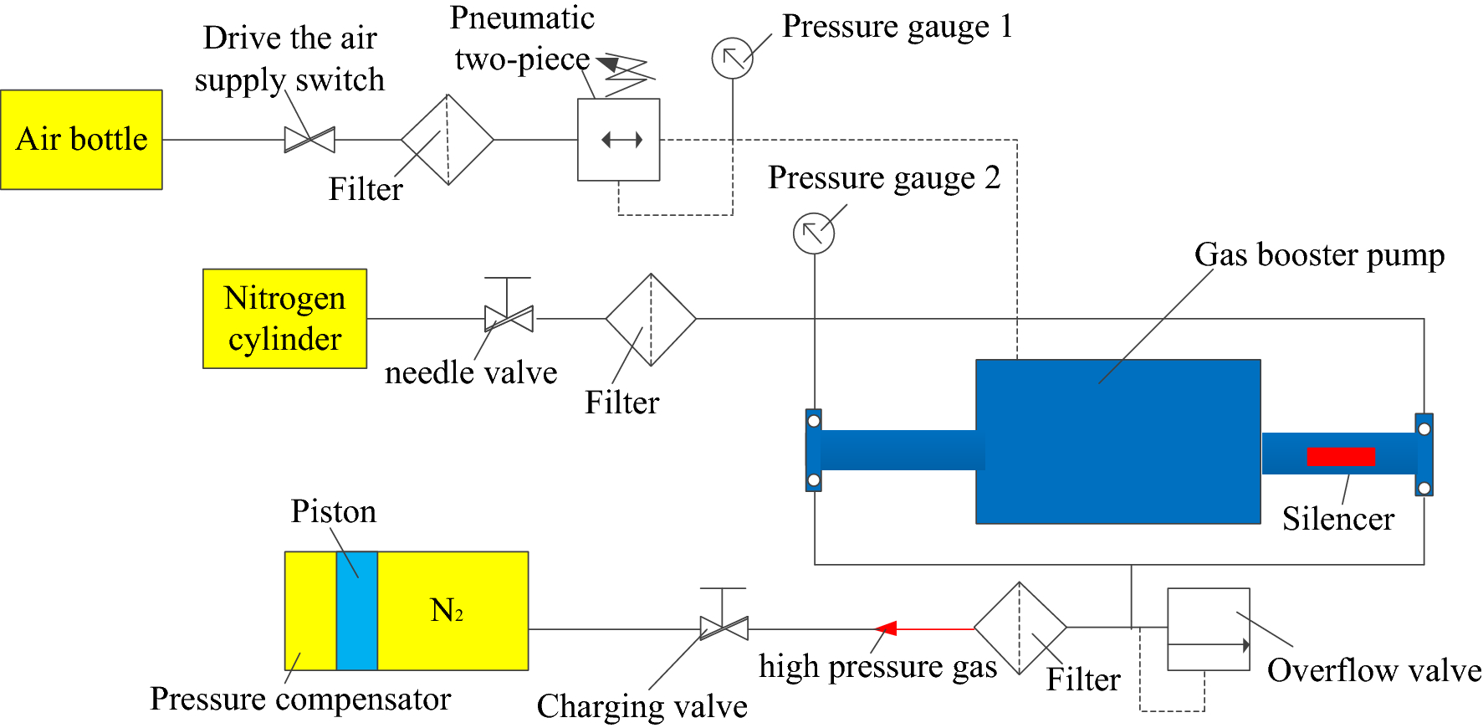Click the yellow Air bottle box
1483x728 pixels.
tap(81, 139)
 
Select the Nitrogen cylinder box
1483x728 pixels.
tap(284, 319)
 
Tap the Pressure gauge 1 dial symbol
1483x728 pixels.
tap(732, 59)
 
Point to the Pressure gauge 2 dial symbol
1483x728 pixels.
tap(813, 233)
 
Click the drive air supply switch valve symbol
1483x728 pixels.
tap(309, 140)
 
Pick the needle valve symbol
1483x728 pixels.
tap(509, 319)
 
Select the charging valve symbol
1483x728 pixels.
tap(724, 628)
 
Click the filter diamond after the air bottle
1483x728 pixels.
tap(447, 140)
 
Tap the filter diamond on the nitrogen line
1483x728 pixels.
tap(651, 320)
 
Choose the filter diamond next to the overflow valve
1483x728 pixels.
tap(1020, 628)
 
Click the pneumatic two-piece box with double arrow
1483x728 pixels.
tap(619, 140)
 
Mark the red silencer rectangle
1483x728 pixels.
tap(1341, 457)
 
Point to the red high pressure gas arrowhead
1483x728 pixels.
tap(886, 628)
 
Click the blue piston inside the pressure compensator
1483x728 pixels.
tap(357, 611)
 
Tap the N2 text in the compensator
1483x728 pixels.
tap(447, 611)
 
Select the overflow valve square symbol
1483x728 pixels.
tap(1208, 629)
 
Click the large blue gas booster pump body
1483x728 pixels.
tap(1117, 442)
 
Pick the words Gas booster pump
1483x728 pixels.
tap(1319, 255)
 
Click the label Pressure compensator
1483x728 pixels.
tap(300, 700)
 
